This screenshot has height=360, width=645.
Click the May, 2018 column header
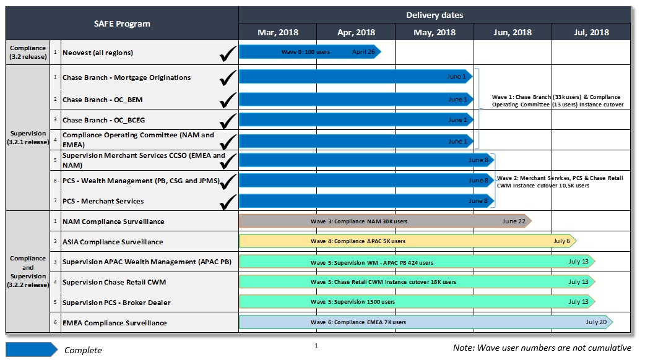click(x=434, y=33)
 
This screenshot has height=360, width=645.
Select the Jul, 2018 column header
click(x=591, y=33)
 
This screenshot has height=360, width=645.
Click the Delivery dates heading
click(x=434, y=15)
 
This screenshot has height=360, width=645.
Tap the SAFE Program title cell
click(x=122, y=24)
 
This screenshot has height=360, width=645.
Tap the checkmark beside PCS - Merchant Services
click(x=228, y=201)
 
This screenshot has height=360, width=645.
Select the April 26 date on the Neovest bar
click(x=363, y=52)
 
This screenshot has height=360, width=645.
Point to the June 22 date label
click(x=514, y=221)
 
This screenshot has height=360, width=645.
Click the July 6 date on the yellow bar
click(x=561, y=241)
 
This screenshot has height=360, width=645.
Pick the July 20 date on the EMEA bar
click(x=596, y=322)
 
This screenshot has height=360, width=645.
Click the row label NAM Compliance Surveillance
click(x=113, y=221)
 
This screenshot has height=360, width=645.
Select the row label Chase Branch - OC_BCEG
click(x=103, y=119)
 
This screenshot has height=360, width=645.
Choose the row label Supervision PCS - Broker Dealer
click(x=116, y=302)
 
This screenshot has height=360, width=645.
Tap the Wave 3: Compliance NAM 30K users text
click(x=358, y=221)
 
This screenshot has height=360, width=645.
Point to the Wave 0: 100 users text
click(x=305, y=52)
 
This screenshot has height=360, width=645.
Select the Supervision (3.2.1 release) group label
click(x=28, y=137)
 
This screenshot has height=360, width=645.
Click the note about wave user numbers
click(x=542, y=348)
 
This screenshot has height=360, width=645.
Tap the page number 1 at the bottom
click(x=316, y=346)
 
